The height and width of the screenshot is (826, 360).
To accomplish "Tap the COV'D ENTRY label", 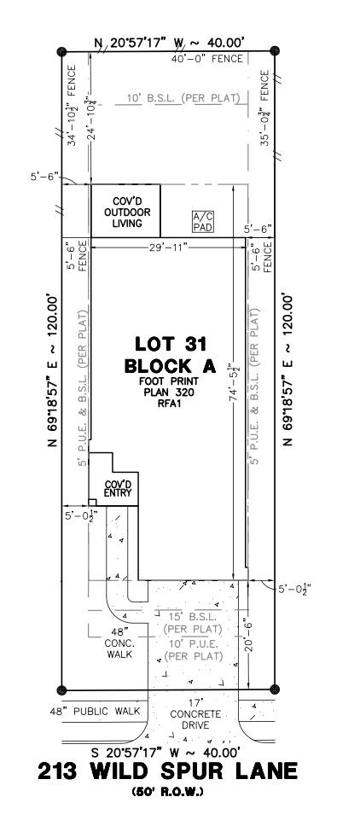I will pyautogui.click(x=117, y=489).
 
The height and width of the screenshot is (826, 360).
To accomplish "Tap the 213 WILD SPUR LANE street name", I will pyautogui.click(x=168, y=771).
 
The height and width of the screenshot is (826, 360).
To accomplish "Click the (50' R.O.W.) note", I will pyautogui.click(x=168, y=793).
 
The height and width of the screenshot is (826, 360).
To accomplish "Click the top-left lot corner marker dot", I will pyautogui.click(x=61, y=52).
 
